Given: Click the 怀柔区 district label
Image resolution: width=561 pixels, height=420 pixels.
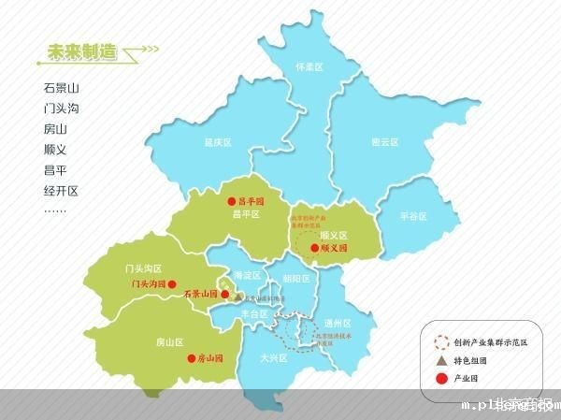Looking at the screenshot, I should (309, 67).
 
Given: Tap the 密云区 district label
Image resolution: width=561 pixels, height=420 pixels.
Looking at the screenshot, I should (385, 142).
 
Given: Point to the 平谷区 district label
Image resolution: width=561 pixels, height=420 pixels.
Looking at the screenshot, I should (412, 216).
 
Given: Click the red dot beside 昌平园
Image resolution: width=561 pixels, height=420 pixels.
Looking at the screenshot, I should (232, 201).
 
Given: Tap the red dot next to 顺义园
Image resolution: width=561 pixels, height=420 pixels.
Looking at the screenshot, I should (314, 249).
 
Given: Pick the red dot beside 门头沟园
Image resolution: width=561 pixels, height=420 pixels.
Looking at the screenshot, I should (172, 282).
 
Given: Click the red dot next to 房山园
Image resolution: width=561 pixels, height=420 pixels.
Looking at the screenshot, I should (191, 357).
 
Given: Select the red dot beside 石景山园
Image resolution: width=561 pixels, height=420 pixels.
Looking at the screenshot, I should (224, 293).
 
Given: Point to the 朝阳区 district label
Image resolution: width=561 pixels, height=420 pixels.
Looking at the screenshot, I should (295, 279).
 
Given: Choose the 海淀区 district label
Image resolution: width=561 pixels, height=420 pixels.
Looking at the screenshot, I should (246, 275).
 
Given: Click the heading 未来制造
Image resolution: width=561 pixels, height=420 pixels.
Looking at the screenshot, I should (81, 53).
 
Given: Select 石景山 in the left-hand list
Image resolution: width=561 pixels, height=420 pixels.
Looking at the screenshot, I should (62, 88).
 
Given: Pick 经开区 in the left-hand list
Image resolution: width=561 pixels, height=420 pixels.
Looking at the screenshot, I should (62, 190).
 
